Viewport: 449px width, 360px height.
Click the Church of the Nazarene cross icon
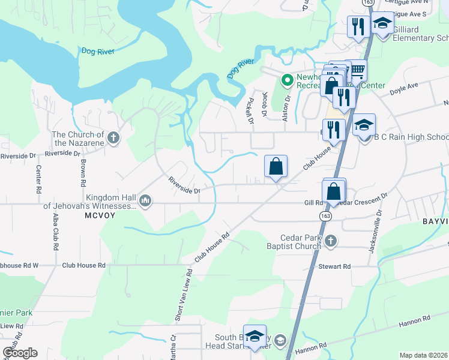113,139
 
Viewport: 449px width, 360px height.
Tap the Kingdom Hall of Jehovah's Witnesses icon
145,200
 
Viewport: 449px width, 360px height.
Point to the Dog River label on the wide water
98,52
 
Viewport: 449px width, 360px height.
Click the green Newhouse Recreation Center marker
288,79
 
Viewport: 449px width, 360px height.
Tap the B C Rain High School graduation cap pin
364,127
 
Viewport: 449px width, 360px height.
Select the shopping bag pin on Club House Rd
276,166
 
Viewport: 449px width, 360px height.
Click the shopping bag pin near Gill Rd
334,192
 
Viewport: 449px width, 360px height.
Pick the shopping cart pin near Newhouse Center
357,71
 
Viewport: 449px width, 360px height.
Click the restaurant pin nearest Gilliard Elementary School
356,26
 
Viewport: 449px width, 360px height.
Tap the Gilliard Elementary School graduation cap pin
382,24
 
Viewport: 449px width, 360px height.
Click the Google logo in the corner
20,353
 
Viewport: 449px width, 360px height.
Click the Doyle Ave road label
403,88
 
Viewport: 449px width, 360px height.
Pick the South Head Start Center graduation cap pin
255,337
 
